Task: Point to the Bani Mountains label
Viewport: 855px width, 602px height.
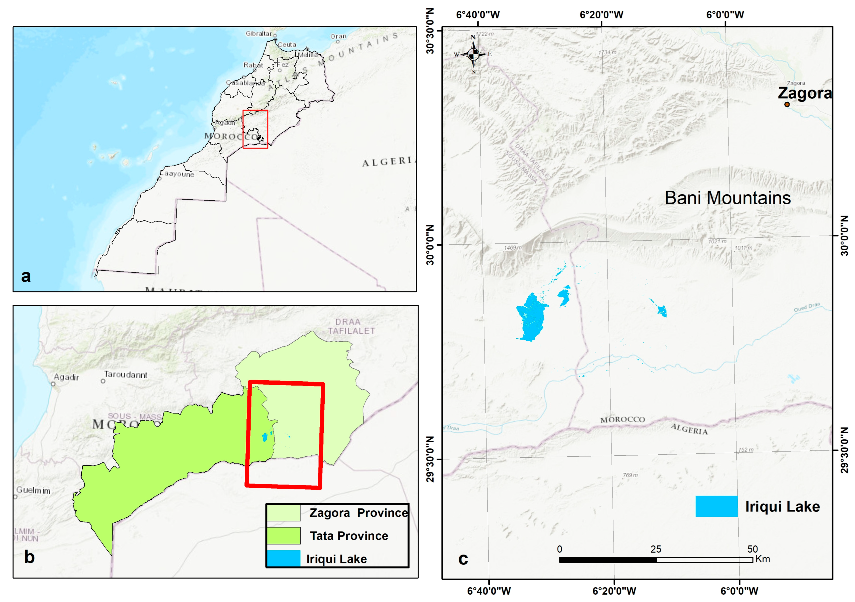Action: (x=728, y=198)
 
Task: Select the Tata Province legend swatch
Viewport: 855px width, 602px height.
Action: (x=283, y=536)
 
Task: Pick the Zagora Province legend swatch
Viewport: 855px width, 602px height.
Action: (x=283, y=513)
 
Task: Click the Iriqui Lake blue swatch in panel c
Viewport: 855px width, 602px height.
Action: (x=716, y=506)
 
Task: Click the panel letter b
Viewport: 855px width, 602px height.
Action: (x=29, y=557)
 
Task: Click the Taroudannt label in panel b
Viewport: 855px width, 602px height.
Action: (x=126, y=375)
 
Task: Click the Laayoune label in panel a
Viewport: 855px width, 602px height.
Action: (x=177, y=174)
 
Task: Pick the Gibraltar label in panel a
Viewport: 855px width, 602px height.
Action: (x=259, y=34)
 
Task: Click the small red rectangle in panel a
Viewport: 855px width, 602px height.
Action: (x=255, y=129)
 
